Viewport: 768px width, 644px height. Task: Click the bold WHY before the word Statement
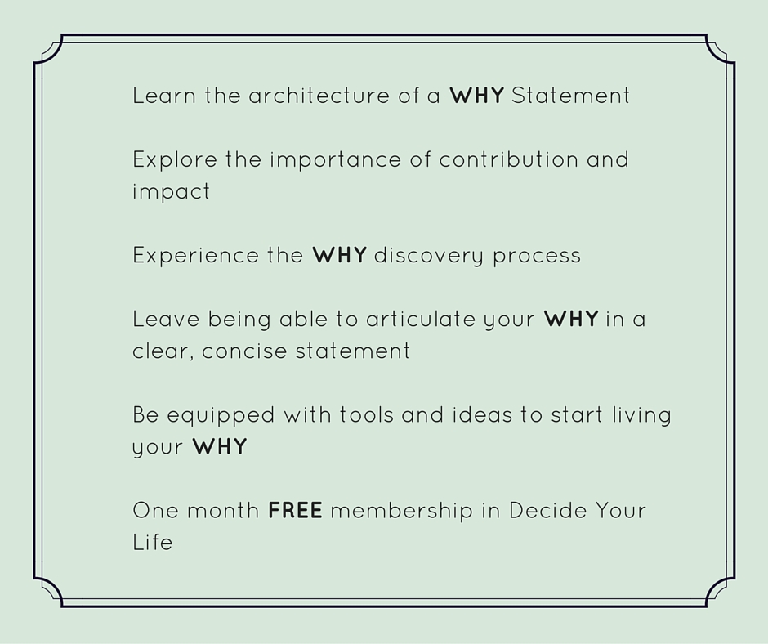[476, 96]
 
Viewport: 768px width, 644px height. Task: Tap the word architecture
[319, 95]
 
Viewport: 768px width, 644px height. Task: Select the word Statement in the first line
[570, 96]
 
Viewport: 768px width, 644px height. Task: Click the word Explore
[175, 160]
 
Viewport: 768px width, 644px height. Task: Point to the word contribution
[509, 160]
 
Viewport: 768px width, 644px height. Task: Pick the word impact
[171, 191]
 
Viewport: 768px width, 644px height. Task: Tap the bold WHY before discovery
[339, 255]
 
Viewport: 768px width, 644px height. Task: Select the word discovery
[429, 256]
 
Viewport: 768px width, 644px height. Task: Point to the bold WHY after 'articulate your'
[571, 319]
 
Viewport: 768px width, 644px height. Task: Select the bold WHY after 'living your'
[220, 446]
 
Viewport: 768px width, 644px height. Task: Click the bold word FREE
[295, 511]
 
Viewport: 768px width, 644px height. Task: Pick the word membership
[402, 511]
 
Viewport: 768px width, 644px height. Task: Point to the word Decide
[548, 511]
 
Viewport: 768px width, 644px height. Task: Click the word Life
[152, 543]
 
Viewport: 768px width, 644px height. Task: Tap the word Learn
[164, 96]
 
